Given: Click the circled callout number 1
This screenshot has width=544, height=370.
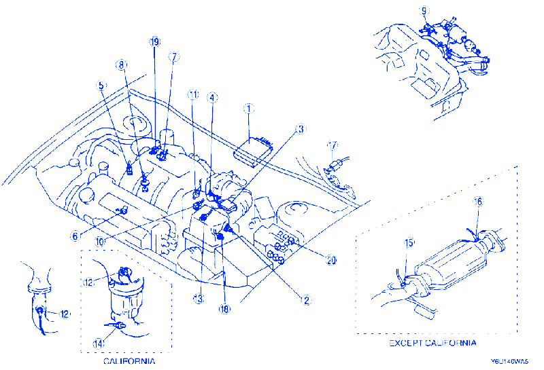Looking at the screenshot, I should click(249, 108).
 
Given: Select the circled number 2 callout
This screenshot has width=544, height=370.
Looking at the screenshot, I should click(307, 299).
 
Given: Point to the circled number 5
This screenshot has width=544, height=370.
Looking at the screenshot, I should click(101, 86).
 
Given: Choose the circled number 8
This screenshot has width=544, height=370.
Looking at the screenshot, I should click(122, 66).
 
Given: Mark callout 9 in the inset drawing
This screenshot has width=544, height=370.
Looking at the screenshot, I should click(424, 11).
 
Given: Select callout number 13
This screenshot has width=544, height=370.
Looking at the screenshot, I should click(199, 298).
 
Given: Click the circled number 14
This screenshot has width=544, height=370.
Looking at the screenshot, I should click(99, 344).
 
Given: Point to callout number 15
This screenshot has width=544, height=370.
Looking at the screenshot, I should click(409, 243).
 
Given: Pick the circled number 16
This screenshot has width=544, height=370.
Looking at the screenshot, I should click(479, 202).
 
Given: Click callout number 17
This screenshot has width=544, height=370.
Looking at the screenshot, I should click(333, 145).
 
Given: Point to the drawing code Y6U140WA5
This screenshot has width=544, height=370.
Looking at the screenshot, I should click(511, 364).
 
